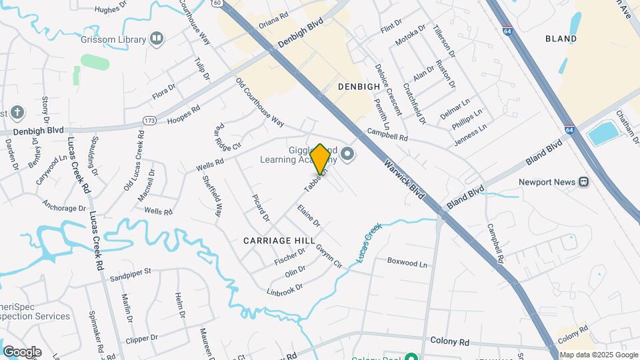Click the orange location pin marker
pyautogui.click(x=320, y=159)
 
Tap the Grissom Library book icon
pyautogui.click(x=157, y=39)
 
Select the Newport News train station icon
pyautogui.click(x=583, y=182)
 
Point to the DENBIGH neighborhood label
pyautogui.click(x=359, y=87)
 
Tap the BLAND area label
pyautogui.click(x=561, y=39)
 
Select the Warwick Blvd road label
pyautogui.click(x=405, y=180)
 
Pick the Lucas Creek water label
pyautogui.click(x=367, y=241)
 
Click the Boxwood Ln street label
pyautogui.click(x=407, y=263)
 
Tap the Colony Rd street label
pyautogui.click(x=449, y=342)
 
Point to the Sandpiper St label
pyautogui.click(x=131, y=272)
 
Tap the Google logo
pyautogui.click(x=22, y=351)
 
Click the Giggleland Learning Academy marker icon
pyautogui.click(x=347, y=155)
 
